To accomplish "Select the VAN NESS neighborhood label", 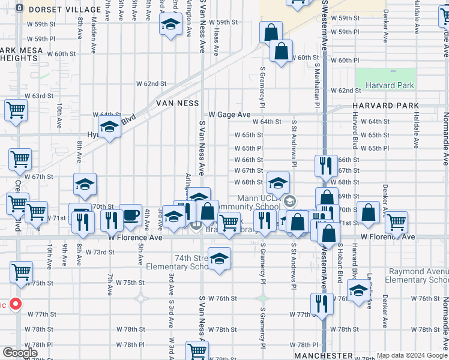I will coord(177,103).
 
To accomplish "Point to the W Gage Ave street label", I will coord(229,114).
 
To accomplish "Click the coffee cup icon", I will coord(130,215).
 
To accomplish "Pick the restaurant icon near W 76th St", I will coord(322,304).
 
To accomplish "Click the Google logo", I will coord(20,353).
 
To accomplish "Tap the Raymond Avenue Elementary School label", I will coord(416,276).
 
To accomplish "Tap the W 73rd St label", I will coord(100,252).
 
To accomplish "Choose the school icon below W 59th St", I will coord(170,25).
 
